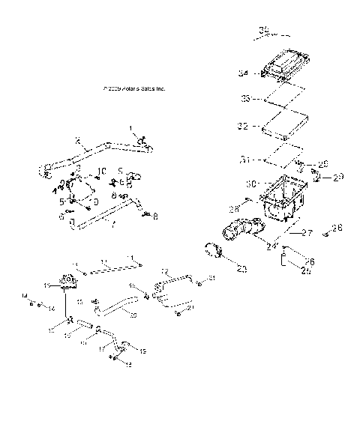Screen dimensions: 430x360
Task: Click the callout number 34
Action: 242,73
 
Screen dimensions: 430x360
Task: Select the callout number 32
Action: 242,127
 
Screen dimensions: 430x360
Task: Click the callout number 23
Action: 241,268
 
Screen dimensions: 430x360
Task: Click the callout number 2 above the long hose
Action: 77,140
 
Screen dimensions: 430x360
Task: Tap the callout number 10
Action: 103,171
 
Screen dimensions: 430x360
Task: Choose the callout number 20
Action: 133,316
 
